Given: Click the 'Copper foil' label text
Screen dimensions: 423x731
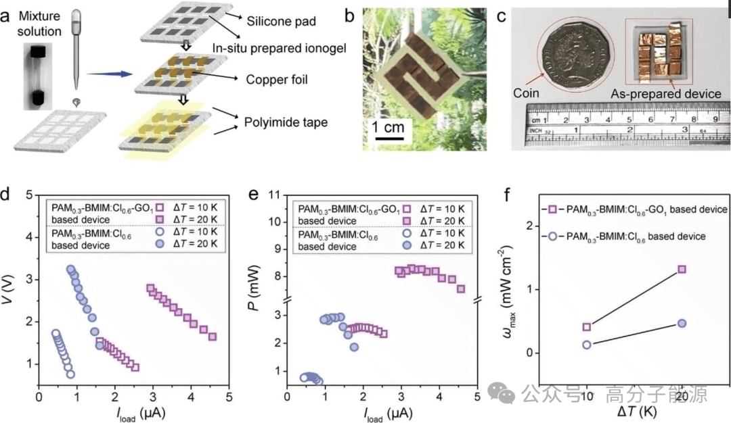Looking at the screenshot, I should click(x=277, y=80).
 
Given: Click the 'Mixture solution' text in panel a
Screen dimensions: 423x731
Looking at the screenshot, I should click(x=40, y=22).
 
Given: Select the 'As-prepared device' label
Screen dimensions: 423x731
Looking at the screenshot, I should click(x=667, y=94).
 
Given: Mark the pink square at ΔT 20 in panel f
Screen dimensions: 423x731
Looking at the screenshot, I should click(x=682, y=269).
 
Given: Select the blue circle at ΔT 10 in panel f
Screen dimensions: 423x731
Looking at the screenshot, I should click(x=587, y=344).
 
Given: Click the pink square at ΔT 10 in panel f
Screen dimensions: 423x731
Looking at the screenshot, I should click(x=587, y=327).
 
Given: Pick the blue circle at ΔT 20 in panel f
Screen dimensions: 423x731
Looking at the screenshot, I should click(x=682, y=323).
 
